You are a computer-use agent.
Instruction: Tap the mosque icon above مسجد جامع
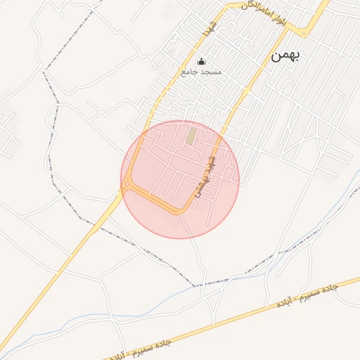pos(202,62)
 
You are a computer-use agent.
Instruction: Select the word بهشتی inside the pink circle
pos(201,186)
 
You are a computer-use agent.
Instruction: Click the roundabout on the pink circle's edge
pos(127,186)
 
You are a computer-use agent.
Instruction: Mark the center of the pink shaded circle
pos(180,179)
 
